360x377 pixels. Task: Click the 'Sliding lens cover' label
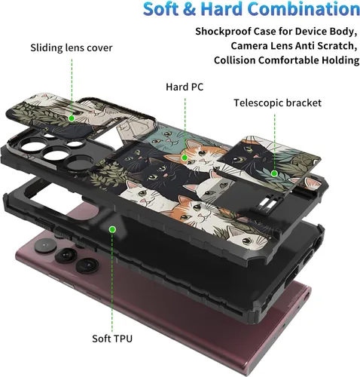coord(72,48)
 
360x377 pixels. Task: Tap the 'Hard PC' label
coord(185,87)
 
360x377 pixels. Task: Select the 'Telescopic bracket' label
coord(278,103)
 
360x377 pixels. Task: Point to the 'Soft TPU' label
coord(112,339)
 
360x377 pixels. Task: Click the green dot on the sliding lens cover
coord(72,118)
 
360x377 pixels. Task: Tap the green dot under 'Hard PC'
coord(185,158)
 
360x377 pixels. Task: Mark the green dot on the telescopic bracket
coord(274,173)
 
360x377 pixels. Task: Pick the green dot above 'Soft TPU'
coord(112,229)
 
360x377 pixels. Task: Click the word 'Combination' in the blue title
coord(304,9)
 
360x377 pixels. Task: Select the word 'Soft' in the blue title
coord(161,9)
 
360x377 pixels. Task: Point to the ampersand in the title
coord(190,9)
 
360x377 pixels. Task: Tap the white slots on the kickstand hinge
coord(266,204)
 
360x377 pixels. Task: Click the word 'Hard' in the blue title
coord(221,9)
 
